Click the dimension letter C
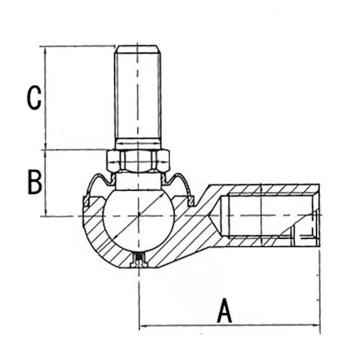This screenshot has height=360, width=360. (x=34, y=98)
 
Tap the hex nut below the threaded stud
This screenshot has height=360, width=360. (x=138, y=161)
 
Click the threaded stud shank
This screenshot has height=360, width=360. (x=138, y=96)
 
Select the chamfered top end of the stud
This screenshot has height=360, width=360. (x=138, y=48)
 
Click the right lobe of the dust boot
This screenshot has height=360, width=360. (x=179, y=184)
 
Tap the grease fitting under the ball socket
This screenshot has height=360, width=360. (x=138, y=261)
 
